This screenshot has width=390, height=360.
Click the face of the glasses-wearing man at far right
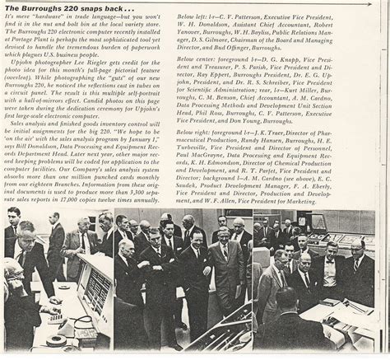tap(356, 250)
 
